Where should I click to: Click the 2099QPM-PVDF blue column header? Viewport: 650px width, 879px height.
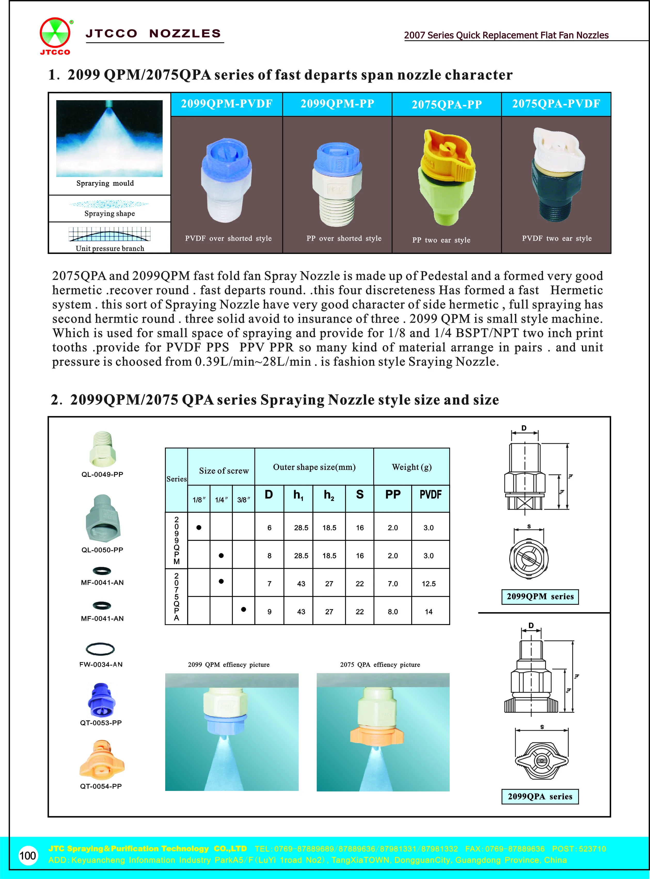[227, 104]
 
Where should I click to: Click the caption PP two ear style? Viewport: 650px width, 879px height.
[441, 240]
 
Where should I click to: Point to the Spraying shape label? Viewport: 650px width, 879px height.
[109, 213]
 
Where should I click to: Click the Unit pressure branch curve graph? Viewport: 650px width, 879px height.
[109, 234]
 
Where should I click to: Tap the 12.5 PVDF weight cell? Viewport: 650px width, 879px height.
[429, 584]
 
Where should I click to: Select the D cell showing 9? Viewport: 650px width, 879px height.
[269, 612]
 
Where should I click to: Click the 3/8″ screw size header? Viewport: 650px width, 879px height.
[243, 500]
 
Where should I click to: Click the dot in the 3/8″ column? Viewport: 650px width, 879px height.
[243, 609]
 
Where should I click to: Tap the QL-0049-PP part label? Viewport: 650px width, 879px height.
[102, 474]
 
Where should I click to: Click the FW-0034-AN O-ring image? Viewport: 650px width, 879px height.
[100, 649]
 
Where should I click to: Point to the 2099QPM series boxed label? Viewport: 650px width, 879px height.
[540, 596]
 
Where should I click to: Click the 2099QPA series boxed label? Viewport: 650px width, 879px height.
[540, 796]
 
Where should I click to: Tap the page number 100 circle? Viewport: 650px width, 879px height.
[28, 855]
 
